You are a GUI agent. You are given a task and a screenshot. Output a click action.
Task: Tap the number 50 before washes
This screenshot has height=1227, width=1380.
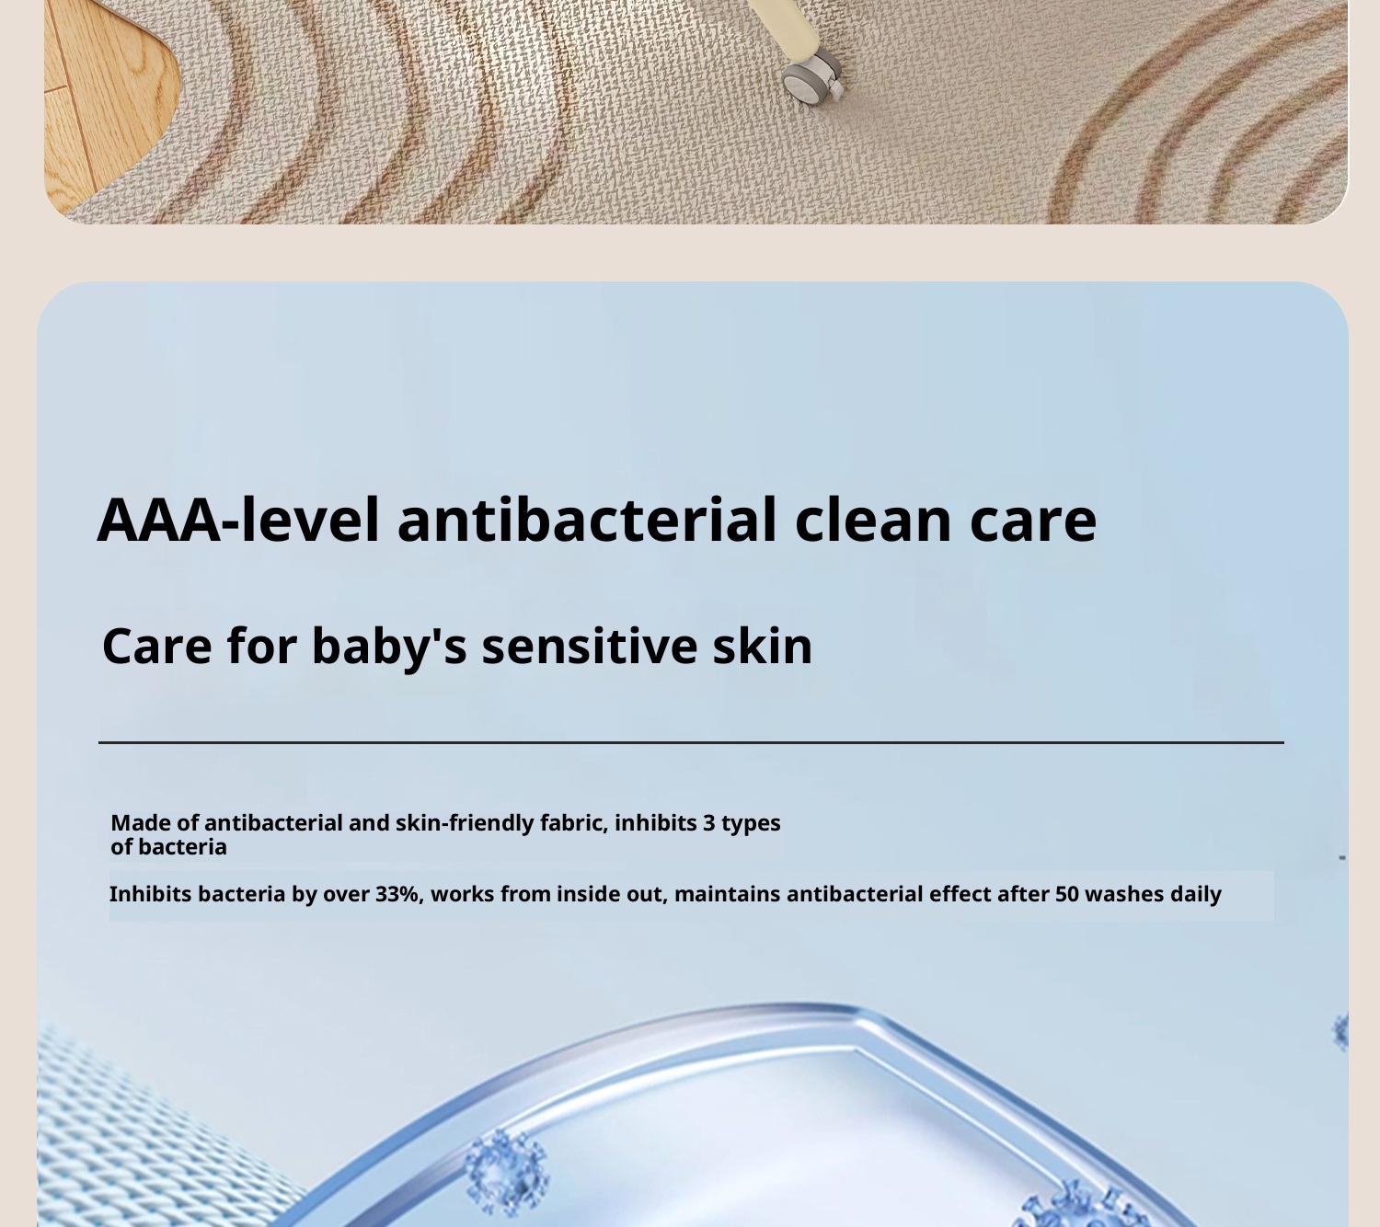click(1066, 894)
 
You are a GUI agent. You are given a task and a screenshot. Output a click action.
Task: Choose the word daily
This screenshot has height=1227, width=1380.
click(1195, 894)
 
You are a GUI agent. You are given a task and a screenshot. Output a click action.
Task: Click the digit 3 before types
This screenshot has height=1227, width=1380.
click(708, 822)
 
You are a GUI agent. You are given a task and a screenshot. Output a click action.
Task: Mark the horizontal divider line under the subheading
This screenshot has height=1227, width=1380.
click(690, 742)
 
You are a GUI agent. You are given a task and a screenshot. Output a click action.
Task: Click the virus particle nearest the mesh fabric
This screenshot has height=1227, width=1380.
click(505, 1172)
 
